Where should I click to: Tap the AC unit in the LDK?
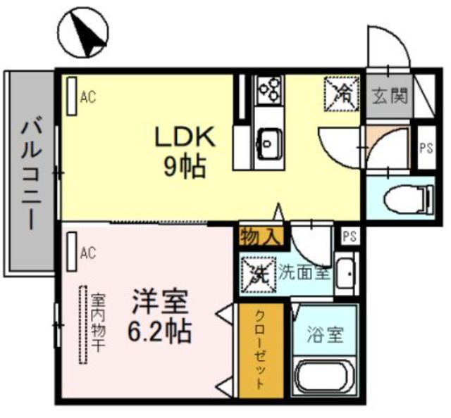pyautogui.click(x=72, y=97)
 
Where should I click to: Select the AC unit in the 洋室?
pyautogui.click(x=72, y=252)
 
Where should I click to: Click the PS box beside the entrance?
pyautogui.click(x=425, y=148)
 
